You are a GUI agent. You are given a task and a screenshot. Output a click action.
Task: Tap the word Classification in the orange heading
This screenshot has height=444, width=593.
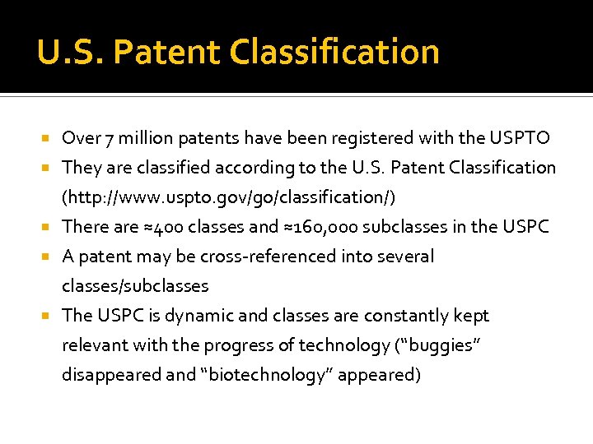pyautogui.click(x=335, y=52)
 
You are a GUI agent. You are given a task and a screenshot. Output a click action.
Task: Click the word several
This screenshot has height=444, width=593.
pyautogui.click(x=404, y=257)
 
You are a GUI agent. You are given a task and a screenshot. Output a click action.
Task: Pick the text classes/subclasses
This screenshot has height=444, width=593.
pyautogui.click(x=135, y=286)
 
